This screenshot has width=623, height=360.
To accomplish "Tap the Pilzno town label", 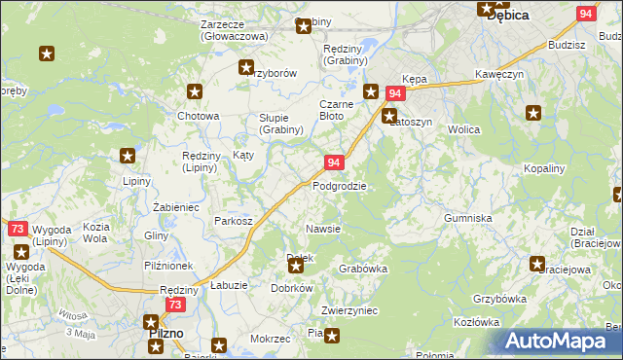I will tap(166, 334).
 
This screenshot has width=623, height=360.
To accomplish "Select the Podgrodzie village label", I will tap(339, 186).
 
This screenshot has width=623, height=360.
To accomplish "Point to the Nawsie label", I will tap(322, 229).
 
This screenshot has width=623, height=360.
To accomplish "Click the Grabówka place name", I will tap(363, 269).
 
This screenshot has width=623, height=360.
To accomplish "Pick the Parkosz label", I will tap(234, 221).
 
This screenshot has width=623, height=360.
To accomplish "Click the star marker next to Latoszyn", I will tap(388, 115).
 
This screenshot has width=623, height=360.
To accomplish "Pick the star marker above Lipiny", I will tap(128, 156).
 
